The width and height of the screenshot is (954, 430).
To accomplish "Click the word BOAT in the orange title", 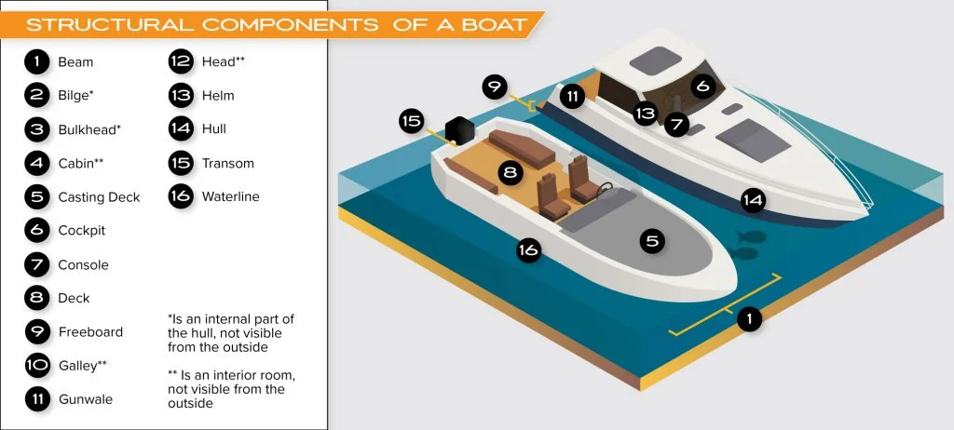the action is click(x=495, y=24).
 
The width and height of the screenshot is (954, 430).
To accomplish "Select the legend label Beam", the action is click(x=75, y=62).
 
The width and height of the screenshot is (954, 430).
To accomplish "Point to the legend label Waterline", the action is click(x=231, y=196).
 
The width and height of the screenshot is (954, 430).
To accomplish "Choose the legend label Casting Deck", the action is click(x=99, y=197).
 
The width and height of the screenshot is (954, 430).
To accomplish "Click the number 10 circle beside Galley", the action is click(x=37, y=366).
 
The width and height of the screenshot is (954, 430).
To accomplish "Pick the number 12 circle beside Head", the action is click(x=181, y=61).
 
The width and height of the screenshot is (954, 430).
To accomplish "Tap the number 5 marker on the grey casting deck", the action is click(x=652, y=241).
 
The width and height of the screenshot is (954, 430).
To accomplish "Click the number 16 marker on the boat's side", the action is click(x=528, y=250).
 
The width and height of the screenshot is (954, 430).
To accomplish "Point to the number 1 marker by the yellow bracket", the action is click(x=749, y=318).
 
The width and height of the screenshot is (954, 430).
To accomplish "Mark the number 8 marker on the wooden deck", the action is click(x=510, y=173).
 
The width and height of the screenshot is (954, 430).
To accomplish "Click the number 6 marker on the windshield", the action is click(x=702, y=87).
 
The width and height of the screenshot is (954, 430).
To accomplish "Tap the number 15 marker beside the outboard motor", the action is click(x=412, y=121).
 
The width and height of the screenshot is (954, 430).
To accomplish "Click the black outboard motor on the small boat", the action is click(x=459, y=130).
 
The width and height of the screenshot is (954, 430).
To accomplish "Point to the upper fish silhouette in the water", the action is click(x=749, y=236).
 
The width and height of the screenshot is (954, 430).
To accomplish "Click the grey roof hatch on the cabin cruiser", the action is click(x=655, y=60).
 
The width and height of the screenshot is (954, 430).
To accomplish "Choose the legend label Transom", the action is click(x=228, y=163).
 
